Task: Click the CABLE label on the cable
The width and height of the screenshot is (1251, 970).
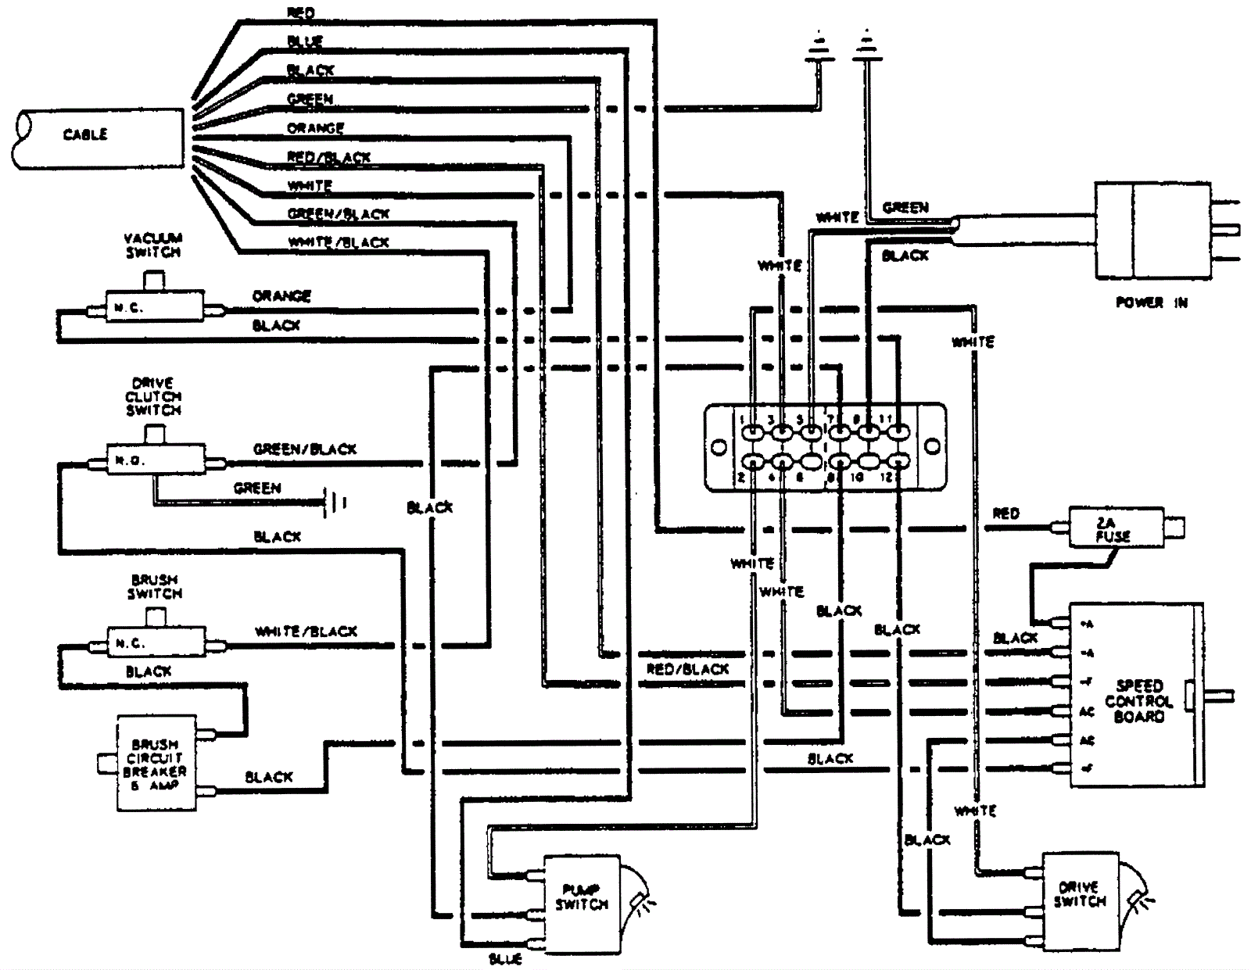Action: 85,134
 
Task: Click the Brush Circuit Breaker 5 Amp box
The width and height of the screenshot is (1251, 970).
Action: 156,764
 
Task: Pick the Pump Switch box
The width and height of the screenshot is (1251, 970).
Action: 581,904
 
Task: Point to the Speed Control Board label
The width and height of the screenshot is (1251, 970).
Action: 1138,701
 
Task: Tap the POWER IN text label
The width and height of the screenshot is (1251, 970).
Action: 1151,302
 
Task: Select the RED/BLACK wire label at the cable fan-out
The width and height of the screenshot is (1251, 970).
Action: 328,157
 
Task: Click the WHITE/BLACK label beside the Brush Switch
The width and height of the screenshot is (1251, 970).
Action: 306,632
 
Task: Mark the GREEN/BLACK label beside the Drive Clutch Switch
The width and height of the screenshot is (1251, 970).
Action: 305,449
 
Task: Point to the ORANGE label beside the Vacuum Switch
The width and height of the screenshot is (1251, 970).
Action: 281,296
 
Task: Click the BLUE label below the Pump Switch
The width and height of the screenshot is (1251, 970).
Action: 504,959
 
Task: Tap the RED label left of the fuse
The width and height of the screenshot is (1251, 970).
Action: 1005,514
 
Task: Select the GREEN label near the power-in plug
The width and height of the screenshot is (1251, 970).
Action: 905,208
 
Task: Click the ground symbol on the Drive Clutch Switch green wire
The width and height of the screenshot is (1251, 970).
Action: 336,502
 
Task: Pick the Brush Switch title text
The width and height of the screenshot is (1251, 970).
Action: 155,587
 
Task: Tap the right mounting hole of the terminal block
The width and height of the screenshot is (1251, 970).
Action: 932,447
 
